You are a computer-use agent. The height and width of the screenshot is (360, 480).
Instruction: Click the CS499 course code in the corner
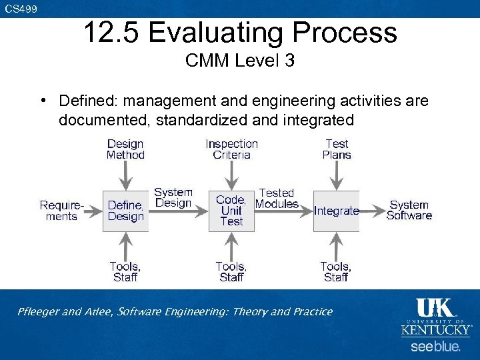[21, 9]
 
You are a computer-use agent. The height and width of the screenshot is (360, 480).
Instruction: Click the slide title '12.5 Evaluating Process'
[240, 32]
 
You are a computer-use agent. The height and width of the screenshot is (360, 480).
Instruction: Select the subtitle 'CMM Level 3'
[240, 61]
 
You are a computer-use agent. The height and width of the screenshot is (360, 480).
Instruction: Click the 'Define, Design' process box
[125, 211]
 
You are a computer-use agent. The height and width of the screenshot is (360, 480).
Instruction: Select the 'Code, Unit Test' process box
[231, 211]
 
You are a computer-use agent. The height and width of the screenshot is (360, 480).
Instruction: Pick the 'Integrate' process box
[336, 211]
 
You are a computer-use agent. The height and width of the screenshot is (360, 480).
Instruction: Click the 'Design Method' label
[125, 149]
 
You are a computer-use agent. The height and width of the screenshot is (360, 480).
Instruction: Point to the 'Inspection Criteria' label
[231, 149]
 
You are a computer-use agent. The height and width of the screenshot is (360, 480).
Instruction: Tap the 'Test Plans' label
[337, 149]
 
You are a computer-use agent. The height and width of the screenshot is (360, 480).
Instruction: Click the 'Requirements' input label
[61, 211]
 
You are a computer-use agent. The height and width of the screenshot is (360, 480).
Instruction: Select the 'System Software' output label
[409, 210]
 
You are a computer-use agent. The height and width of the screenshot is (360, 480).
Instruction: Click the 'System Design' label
[173, 197]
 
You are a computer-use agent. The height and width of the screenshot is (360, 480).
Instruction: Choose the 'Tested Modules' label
[277, 199]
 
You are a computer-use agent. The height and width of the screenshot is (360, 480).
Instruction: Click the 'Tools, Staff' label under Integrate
[335, 272]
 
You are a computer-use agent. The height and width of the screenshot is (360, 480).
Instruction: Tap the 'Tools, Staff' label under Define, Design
[125, 272]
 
